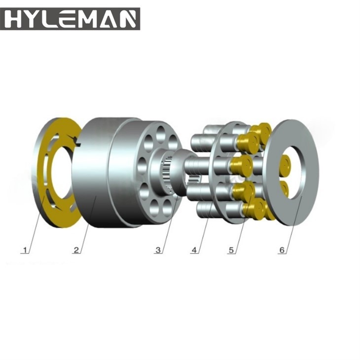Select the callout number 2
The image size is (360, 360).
[x=76, y=250]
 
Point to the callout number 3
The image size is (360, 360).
[x=158, y=250]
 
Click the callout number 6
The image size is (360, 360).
[x=282, y=250]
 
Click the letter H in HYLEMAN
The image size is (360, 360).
[x=14, y=19]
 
